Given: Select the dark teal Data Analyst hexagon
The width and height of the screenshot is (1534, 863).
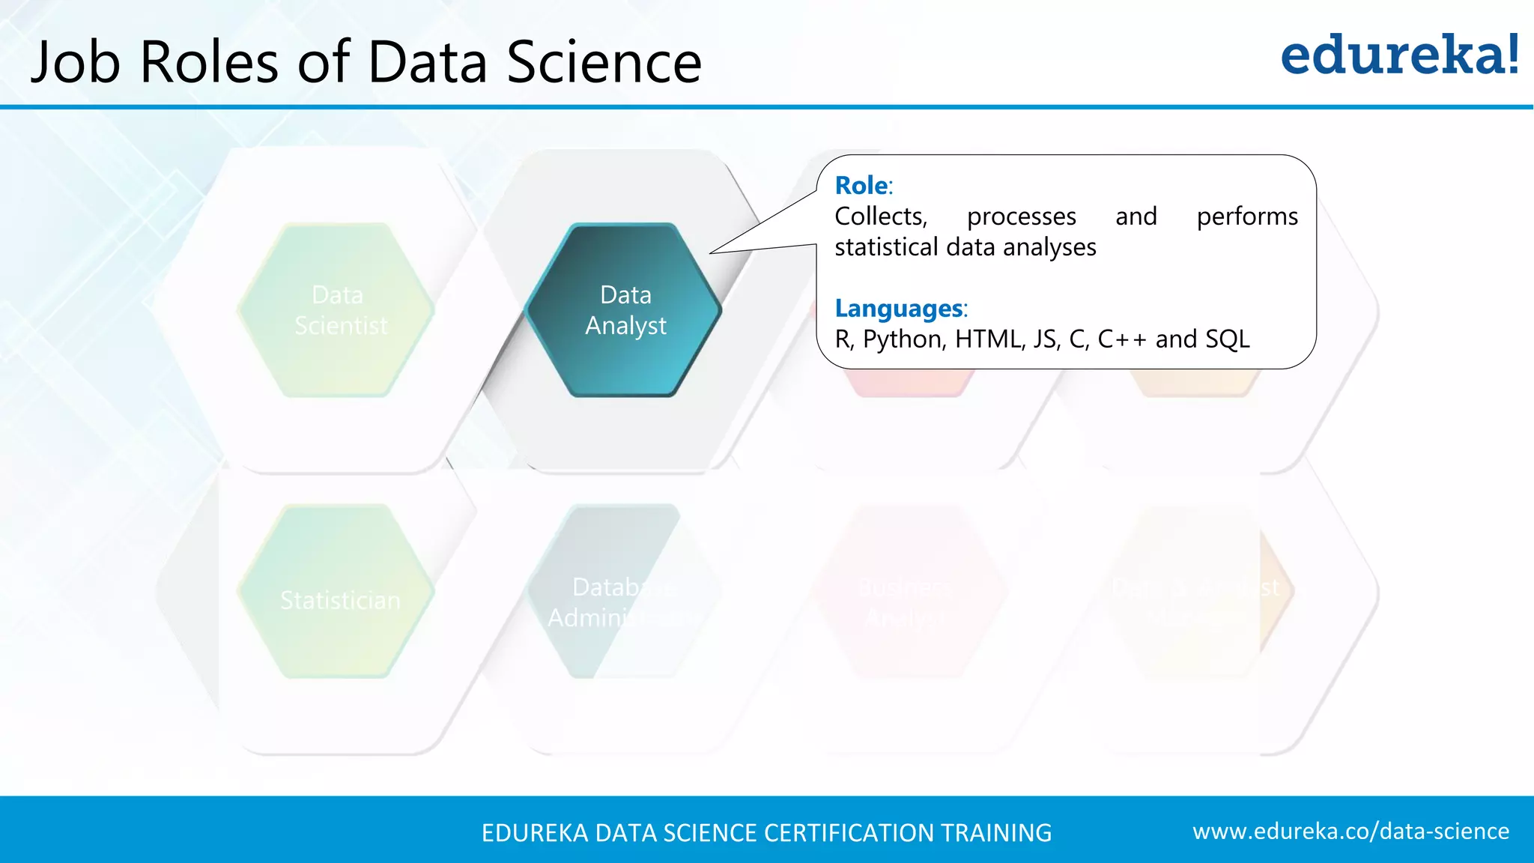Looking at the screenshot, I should (624, 310).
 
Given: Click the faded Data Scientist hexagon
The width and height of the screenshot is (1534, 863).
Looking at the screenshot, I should (339, 310).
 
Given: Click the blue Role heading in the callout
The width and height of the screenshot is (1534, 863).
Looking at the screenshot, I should (861, 185).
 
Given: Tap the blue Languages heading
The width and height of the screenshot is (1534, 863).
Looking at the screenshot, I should (899, 308).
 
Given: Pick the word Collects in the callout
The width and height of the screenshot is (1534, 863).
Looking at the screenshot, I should (881, 216).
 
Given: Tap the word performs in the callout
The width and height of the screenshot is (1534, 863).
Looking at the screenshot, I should (1247, 216).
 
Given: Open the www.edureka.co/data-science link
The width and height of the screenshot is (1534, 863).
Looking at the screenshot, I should (1350, 831).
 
